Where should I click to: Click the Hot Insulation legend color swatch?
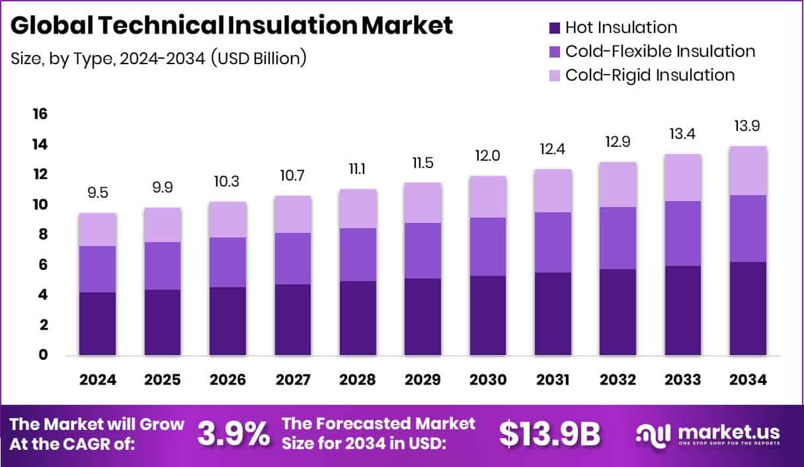click(x=554, y=28)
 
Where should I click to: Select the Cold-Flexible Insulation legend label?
click(x=660, y=51)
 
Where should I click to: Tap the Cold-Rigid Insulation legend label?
click(x=650, y=75)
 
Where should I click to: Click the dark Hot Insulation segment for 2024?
click(x=98, y=323)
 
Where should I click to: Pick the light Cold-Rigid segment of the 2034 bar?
click(x=748, y=171)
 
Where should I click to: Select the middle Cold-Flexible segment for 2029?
click(x=423, y=251)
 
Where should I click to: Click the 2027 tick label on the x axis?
click(x=293, y=380)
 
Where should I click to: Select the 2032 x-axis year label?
click(x=618, y=380)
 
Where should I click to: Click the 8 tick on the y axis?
click(x=43, y=235)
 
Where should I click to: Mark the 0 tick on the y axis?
click(x=43, y=355)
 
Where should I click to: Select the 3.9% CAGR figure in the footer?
click(x=233, y=434)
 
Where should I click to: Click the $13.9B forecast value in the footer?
click(x=549, y=434)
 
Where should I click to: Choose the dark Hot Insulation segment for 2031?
click(x=553, y=314)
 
